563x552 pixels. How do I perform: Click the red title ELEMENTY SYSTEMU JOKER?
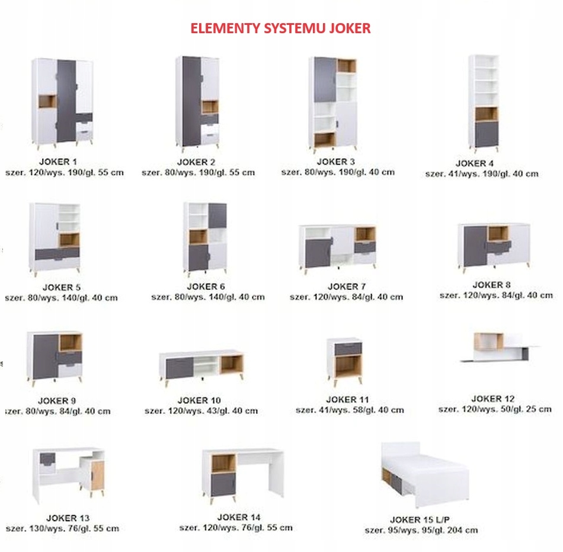[x=280, y=28]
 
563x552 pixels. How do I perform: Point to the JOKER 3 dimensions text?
[x=338, y=172]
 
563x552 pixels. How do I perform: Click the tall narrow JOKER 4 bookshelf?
[x=484, y=102]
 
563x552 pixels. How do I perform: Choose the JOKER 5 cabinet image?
[x=55, y=237]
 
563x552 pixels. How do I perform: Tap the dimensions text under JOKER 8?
[x=495, y=295]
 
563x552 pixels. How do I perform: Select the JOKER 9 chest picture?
[x=55, y=357]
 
